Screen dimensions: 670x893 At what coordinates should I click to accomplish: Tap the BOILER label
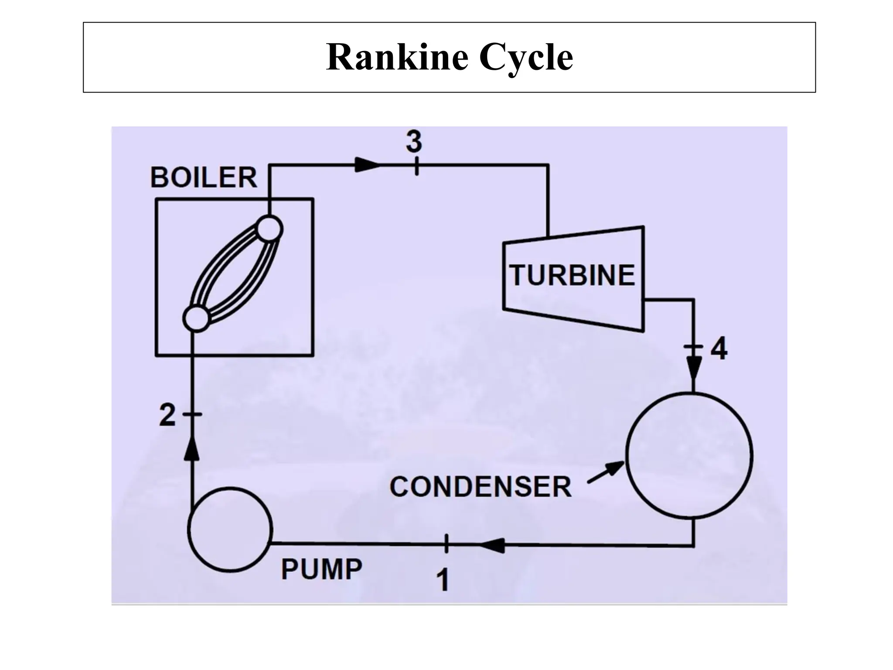coord(204,178)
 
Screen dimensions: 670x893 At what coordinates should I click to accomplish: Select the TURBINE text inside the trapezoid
coord(573,276)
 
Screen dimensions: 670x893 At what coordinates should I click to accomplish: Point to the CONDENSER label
coord(480,487)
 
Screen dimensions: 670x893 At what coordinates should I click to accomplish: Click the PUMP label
coord(321,569)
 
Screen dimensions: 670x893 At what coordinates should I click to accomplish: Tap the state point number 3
coord(414,142)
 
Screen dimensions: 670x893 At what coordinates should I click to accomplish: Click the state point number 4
coord(719,349)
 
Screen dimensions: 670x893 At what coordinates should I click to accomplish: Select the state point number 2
coord(167,415)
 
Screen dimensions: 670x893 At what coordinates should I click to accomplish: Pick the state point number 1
coord(443,581)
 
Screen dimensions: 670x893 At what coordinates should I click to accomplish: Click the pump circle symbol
coord(230,529)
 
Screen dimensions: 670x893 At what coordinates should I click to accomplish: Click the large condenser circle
coord(689,455)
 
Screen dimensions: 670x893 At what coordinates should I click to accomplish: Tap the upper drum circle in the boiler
coord(269,229)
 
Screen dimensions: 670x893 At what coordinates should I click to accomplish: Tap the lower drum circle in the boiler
coord(196,319)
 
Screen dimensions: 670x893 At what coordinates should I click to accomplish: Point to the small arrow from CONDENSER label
coord(606,473)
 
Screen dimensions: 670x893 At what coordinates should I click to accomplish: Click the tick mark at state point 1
coord(446,544)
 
